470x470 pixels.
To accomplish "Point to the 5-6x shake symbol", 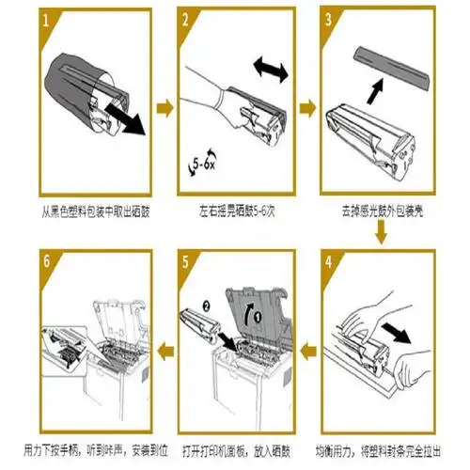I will click(200, 167).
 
